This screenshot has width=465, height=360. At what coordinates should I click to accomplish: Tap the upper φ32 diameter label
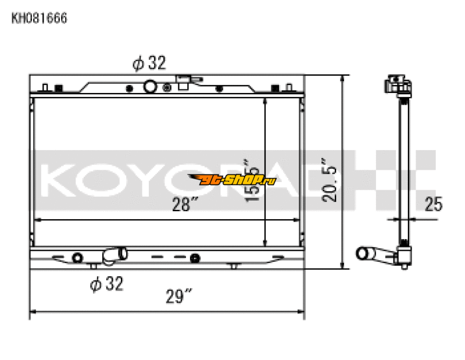tap(149, 63)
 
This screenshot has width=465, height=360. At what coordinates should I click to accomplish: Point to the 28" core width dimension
tap(185, 204)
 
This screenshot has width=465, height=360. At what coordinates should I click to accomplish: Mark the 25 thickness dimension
tap(433, 204)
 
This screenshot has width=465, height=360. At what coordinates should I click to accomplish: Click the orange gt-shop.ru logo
tap(232, 180)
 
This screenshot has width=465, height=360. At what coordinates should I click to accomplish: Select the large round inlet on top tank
tap(150, 87)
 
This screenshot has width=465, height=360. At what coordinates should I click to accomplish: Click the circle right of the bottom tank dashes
tap(195, 258)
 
